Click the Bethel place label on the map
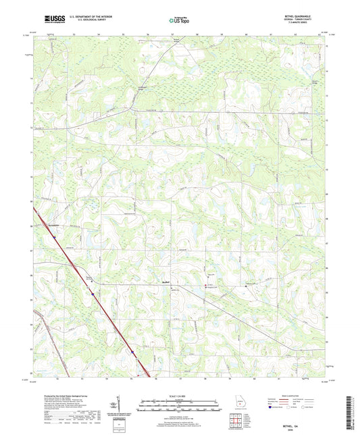pos(166,282)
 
